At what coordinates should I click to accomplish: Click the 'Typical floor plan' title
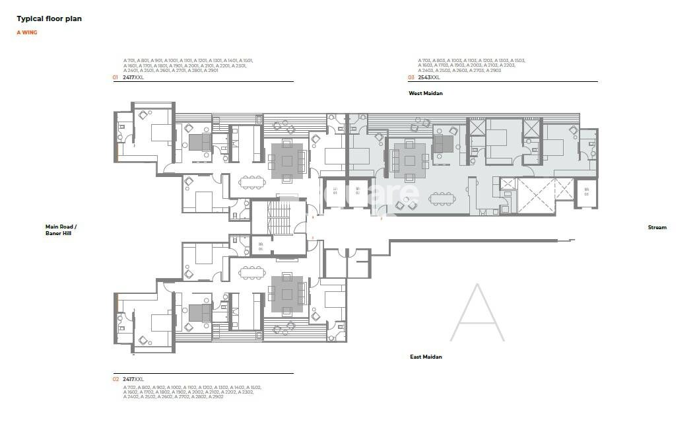point(49,19)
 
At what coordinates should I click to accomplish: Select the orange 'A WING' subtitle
point(27,32)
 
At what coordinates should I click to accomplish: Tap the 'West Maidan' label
point(426,93)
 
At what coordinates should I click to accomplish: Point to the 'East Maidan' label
point(426,357)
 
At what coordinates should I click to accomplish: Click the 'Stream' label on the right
point(657,227)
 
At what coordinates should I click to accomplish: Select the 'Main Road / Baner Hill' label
point(61,230)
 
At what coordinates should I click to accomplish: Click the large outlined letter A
point(477,313)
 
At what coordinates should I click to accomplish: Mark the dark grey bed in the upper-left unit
point(198,141)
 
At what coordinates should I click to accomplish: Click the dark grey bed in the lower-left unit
point(198,311)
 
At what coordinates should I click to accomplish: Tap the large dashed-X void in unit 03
point(545,195)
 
